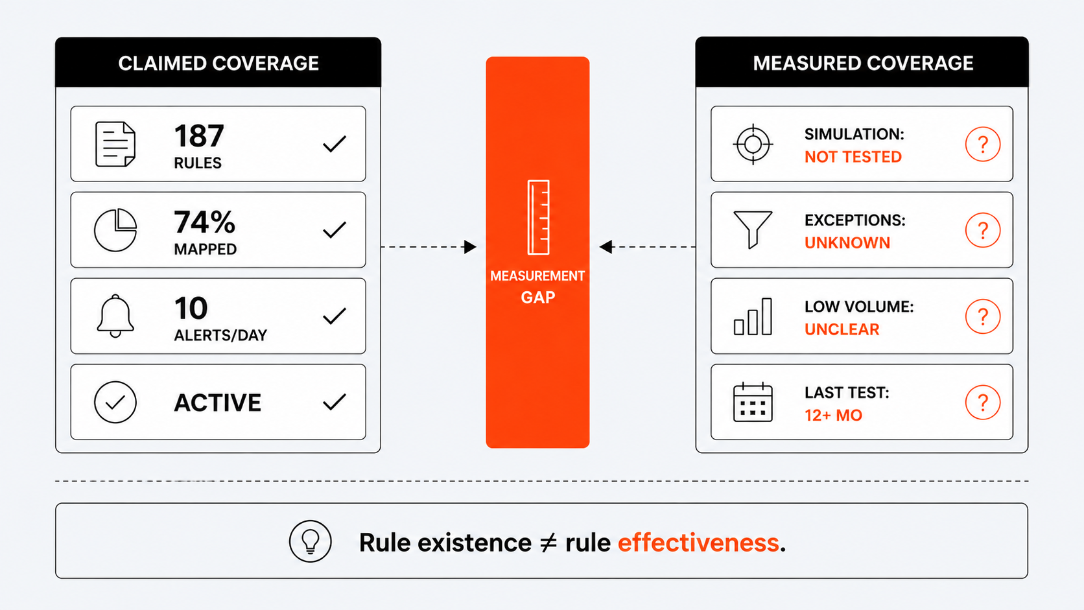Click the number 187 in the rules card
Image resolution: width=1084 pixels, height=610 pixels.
[199, 135]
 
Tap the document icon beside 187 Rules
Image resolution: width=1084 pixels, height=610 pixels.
[115, 144]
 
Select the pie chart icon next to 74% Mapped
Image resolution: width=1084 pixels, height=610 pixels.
[115, 229]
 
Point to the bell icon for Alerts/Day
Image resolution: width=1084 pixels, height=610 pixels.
[115, 316]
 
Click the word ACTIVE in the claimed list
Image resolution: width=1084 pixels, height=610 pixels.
[217, 403]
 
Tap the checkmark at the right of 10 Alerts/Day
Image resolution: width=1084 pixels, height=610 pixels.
[335, 316]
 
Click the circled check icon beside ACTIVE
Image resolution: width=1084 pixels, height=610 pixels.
[115, 402]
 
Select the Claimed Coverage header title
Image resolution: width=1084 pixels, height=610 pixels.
[218, 64]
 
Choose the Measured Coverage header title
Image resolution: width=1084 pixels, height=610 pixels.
[863, 64]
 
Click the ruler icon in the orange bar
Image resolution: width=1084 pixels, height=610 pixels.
[538, 217]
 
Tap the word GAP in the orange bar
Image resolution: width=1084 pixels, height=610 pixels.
[537, 297]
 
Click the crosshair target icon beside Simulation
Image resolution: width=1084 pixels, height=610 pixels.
[753, 144]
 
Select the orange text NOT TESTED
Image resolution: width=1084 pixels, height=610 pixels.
[853, 157]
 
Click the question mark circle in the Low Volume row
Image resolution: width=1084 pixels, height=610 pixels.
[982, 316]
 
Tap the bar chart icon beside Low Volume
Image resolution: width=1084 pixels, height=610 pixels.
[753, 316]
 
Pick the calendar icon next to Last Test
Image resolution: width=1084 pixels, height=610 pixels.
[753, 402]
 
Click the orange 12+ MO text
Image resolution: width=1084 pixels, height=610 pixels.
[833, 415]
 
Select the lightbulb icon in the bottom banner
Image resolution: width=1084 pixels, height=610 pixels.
[310, 541]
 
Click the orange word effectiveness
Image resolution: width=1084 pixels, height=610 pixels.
[698, 543]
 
